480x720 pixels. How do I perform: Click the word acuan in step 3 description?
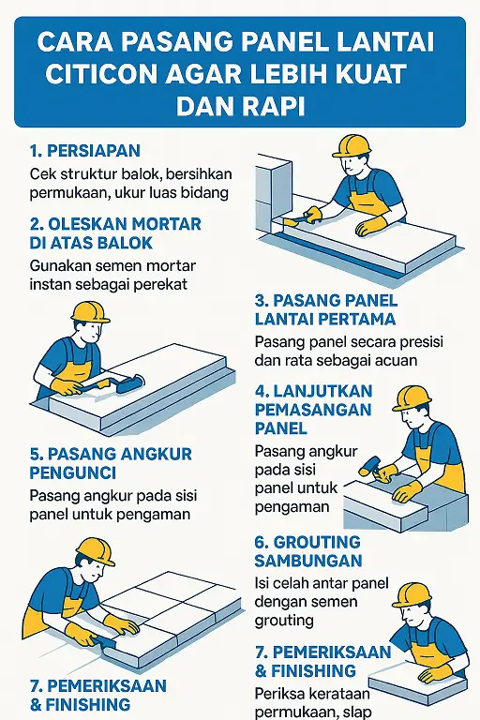pos(397,360)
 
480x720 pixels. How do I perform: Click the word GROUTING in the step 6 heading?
pos(321,542)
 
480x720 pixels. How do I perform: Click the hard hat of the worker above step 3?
pos(352,146)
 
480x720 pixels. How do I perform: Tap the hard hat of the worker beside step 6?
pos(412,595)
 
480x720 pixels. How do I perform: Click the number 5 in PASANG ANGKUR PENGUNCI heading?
pos(35,455)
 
